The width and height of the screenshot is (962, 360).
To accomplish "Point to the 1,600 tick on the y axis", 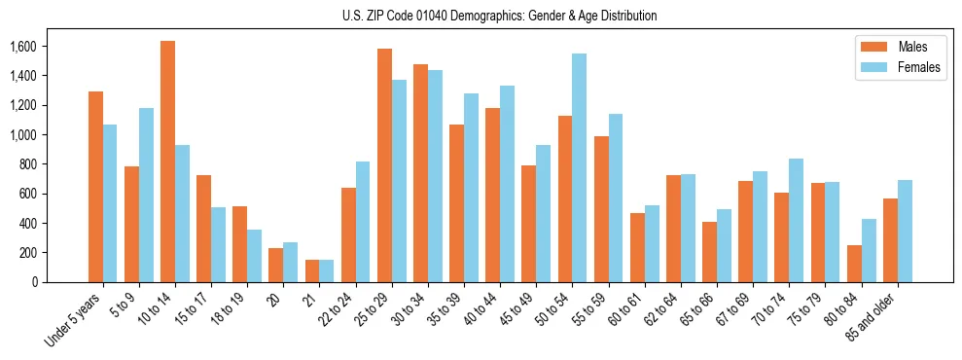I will pyautogui.click(x=22, y=47).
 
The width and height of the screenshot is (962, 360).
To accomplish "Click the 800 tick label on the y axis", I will pyautogui.click(x=27, y=164).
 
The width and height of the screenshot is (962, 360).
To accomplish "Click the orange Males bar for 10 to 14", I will pyautogui.click(x=167, y=162).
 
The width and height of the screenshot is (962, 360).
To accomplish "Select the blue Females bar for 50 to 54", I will pyautogui.click(x=579, y=167).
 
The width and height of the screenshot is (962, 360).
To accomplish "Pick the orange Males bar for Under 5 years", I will pyautogui.click(x=95, y=187).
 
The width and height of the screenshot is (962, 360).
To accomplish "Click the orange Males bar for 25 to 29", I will pyautogui.click(x=384, y=165).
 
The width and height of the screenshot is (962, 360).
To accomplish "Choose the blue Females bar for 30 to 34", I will pyautogui.click(x=435, y=176).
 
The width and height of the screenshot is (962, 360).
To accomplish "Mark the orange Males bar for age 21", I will pyautogui.click(x=312, y=270).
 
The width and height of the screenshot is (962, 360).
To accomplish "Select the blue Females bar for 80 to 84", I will pyautogui.click(x=868, y=250).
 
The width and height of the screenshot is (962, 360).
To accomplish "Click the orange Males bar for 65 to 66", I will pyautogui.click(x=709, y=252).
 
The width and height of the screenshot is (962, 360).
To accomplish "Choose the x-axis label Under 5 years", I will pyautogui.click(x=73, y=320).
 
